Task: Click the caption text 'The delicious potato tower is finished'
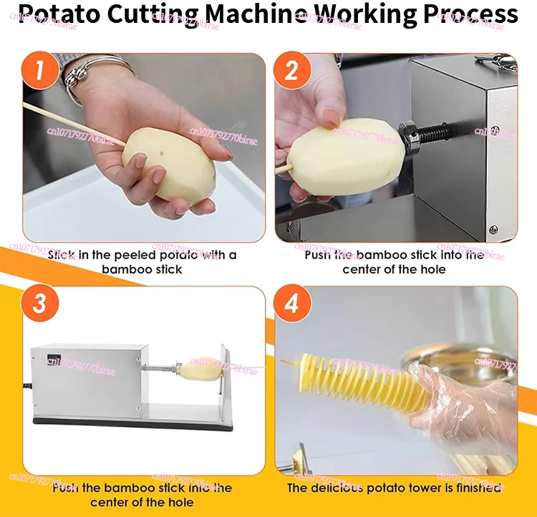[394, 488]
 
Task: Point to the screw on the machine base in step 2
[493, 230]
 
